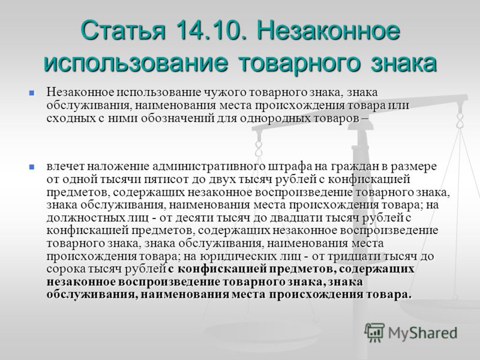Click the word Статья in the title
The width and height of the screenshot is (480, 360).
click(x=123, y=30)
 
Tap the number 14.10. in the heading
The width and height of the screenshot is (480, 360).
click(x=211, y=30)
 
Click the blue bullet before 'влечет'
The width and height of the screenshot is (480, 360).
click(x=31, y=167)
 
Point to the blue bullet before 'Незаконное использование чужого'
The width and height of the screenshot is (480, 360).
click(x=31, y=92)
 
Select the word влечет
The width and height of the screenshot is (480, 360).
click(x=65, y=167)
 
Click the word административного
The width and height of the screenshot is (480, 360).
click(x=208, y=167)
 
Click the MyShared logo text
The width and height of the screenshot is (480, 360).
click(x=422, y=333)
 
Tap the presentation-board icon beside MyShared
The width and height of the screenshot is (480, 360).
click(x=374, y=332)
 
